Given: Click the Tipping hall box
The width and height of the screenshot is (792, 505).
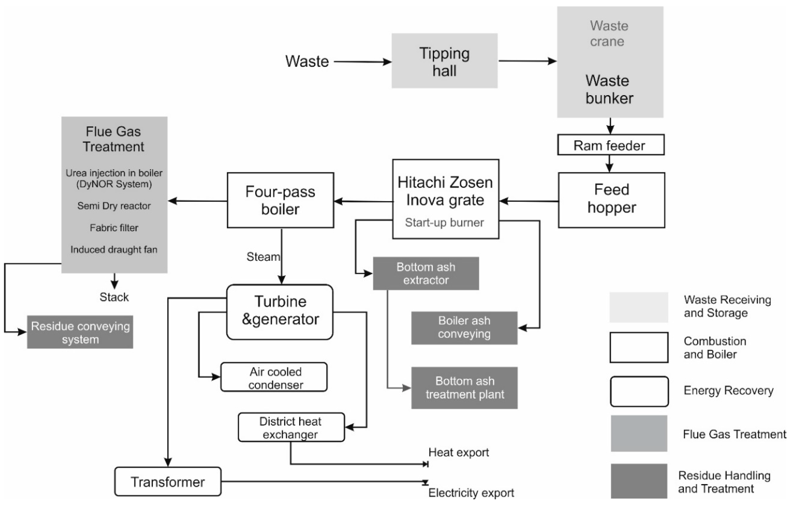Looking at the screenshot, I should click(x=444, y=61).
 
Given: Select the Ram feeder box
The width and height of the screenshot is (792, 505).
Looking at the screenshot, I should click(x=611, y=145).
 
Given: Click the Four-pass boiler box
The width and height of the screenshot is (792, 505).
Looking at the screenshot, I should click(x=280, y=200).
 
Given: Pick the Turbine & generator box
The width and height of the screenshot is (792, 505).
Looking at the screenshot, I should click(x=280, y=312).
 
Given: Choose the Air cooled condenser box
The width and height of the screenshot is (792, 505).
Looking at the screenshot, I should click(x=274, y=377).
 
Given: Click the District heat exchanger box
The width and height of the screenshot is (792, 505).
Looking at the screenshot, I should click(x=291, y=427).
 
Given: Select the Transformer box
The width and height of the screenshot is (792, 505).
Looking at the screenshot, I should click(x=168, y=482).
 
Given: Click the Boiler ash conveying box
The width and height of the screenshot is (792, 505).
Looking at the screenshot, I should click(x=464, y=328).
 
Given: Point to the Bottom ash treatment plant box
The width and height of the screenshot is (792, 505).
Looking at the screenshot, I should click(x=464, y=388).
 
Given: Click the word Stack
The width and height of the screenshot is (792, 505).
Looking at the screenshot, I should click(x=114, y=297).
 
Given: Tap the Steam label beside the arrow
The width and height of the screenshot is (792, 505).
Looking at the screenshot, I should click(x=263, y=257).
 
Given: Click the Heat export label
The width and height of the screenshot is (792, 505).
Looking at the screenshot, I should click(x=458, y=452).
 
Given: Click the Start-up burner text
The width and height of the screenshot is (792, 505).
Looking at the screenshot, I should click(x=444, y=222).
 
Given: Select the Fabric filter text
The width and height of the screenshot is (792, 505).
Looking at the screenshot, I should click(x=114, y=228).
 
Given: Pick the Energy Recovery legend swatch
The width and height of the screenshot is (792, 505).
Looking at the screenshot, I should click(x=639, y=392).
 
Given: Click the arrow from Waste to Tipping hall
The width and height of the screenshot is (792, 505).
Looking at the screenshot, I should click(x=362, y=62).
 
